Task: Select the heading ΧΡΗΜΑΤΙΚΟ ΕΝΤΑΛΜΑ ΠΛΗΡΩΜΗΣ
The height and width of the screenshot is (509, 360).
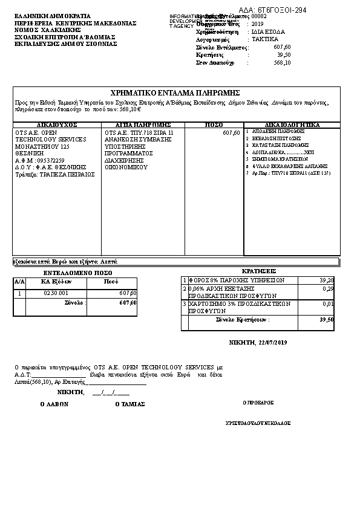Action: tap(176, 92)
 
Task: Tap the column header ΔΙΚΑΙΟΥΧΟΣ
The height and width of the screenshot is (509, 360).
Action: tap(56, 125)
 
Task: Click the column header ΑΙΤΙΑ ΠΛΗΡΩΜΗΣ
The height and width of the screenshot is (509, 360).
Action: tap(143, 125)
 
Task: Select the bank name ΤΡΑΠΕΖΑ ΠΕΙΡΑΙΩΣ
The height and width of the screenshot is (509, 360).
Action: tap(67, 174)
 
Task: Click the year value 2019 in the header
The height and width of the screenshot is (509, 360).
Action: tap(258, 24)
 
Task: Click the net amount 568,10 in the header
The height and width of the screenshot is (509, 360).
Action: tap(282, 62)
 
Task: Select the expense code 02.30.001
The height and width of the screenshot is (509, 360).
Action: tap(56, 293)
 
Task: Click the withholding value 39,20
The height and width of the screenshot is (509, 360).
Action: tap(326, 280)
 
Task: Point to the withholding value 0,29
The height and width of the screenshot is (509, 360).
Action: tap(329, 289)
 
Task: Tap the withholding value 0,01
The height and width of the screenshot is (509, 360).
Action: tap(329, 303)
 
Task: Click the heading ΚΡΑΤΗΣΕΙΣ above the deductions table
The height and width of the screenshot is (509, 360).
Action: tap(258, 271)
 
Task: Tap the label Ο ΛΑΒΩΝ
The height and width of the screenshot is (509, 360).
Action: tap(54, 404)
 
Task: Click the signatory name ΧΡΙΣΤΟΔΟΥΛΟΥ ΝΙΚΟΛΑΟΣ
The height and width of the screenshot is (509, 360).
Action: tap(258, 423)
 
